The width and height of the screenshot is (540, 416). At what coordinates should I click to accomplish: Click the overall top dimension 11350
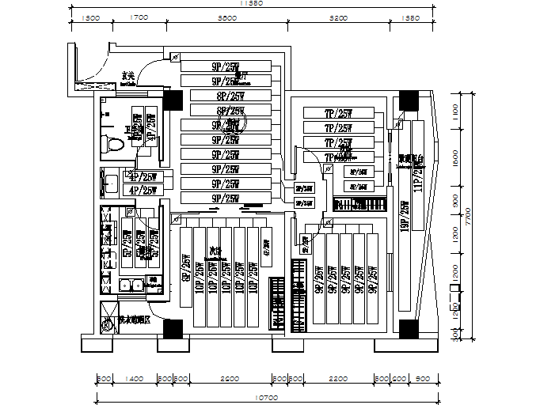251,5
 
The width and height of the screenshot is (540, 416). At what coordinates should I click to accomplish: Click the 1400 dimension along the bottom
134,379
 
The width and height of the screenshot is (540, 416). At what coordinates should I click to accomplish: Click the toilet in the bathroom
112,144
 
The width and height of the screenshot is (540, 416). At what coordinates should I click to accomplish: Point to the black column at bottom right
409,327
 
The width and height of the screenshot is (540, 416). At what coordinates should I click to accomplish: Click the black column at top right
409,100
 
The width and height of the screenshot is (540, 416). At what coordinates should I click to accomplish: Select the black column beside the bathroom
172,99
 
